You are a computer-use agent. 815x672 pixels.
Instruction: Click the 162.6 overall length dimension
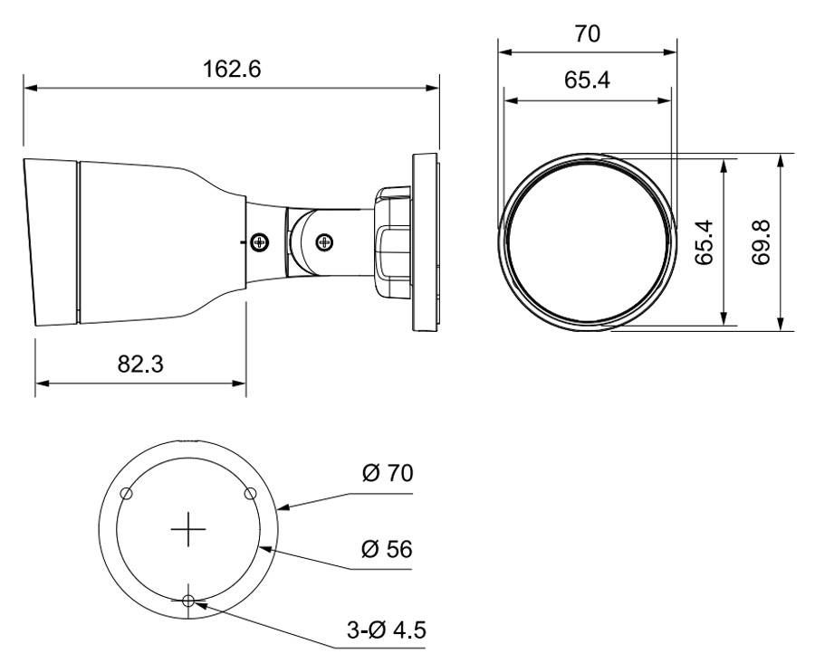(231, 69)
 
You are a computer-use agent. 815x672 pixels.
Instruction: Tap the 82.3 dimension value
(140, 364)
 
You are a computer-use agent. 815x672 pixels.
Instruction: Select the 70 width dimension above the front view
(588, 33)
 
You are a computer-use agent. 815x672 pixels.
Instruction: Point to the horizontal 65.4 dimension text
(588, 80)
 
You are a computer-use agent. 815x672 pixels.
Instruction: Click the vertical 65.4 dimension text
(705, 242)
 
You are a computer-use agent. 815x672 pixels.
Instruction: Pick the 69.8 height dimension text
(762, 242)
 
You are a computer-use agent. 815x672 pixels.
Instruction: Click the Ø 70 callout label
(388, 473)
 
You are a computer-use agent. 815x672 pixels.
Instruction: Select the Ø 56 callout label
(387, 549)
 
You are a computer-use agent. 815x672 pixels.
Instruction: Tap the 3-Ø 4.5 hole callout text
(386, 629)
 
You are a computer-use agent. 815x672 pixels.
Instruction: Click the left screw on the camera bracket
(259, 241)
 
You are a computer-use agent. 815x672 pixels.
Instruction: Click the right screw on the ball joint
(325, 241)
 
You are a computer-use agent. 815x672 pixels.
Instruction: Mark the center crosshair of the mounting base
(188, 529)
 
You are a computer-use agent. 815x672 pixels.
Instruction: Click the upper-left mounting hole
(126, 493)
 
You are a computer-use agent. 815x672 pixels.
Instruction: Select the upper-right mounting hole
(250, 493)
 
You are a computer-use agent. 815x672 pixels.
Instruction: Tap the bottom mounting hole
(188, 601)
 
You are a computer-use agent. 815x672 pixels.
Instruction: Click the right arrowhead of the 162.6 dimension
(433, 88)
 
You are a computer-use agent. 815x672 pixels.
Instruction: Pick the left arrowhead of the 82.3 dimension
(42, 383)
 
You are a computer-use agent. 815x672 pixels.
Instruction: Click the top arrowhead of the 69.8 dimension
(780, 161)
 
